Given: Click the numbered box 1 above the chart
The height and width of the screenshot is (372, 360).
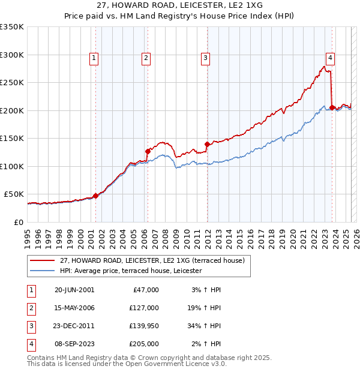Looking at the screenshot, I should point(95,58).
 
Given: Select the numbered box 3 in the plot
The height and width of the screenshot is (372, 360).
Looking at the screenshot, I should point(205,58).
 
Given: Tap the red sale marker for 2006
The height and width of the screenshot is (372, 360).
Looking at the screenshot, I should point(148,151).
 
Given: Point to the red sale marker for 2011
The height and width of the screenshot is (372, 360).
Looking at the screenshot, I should point(207,144).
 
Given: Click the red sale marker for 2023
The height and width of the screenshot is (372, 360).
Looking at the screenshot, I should point(332,107).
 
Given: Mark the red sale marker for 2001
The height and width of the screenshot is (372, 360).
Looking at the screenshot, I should point(95,196).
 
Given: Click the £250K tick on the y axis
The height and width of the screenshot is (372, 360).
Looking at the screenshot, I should point(13,83).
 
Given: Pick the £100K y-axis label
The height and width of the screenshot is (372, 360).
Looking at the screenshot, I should point(13,166).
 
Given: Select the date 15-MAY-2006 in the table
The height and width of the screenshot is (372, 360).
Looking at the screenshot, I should point(74,308).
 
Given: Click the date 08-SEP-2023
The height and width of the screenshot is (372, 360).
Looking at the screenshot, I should point(74,344).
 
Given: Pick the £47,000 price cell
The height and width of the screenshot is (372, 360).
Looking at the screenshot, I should point(145,290).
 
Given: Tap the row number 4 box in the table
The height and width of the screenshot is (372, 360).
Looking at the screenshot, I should point(30,344).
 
